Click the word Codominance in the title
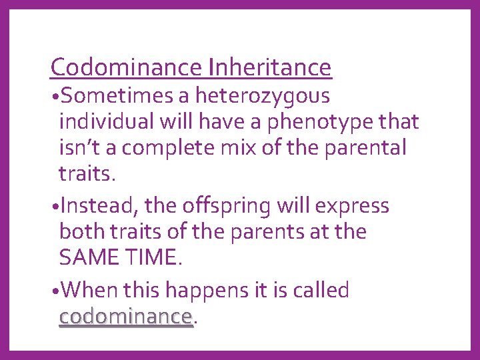[x=127, y=67]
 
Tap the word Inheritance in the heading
[x=270, y=67]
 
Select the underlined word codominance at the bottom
[x=125, y=316]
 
